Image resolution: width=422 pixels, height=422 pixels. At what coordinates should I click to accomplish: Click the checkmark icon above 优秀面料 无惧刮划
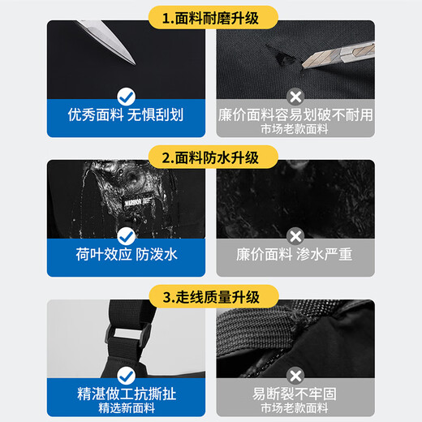tap(126, 97)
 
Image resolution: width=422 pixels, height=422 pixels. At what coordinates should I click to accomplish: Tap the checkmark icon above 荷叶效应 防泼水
tap(126, 236)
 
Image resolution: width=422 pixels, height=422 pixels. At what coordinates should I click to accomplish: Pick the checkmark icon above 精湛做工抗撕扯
tap(126, 376)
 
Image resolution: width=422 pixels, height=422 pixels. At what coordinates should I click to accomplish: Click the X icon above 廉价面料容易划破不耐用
tap(295, 97)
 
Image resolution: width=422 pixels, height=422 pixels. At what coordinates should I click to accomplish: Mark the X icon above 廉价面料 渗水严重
tap(295, 236)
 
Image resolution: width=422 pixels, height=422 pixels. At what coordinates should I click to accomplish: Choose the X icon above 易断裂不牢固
tap(295, 376)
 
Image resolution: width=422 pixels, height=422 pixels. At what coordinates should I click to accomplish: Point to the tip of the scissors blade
tap(135, 64)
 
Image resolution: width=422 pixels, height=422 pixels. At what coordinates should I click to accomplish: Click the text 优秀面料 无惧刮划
tap(126, 114)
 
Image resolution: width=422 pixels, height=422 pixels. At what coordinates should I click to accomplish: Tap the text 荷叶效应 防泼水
tap(127, 254)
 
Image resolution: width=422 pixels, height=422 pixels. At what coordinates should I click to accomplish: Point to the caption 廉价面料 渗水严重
tap(295, 254)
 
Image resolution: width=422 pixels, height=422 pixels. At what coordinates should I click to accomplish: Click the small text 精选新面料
tap(127, 408)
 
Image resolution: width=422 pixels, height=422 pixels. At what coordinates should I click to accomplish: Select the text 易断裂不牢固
tap(295, 394)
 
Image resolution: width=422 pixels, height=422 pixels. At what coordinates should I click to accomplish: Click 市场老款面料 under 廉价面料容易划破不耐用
tap(295, 129)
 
